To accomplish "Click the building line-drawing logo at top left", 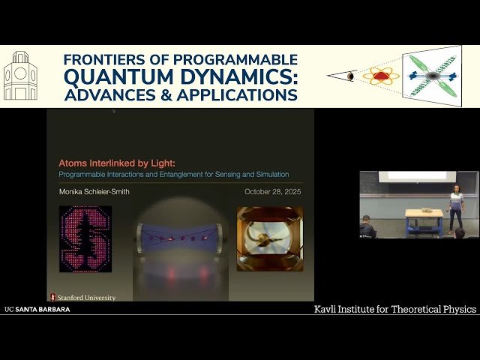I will pyautogui.click(x=20, y=76).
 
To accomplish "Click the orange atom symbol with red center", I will pyautogui.click(x=381, y=76).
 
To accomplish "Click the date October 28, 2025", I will pyautogui.click(x=273, y=192).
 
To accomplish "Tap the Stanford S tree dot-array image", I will pyautogui.click(x=85, y=238).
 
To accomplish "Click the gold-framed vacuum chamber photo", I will pyautogui.click(x=270, y=238).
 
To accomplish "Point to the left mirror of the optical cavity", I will pyautogui.click(x=139, y=238).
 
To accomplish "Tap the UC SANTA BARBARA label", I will pyautogui.click(x=37, y=309).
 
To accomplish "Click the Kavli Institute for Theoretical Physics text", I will pyautogui.click(x=394, y=309).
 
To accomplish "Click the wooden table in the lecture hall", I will pyautogui.click(x=424, y=218).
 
